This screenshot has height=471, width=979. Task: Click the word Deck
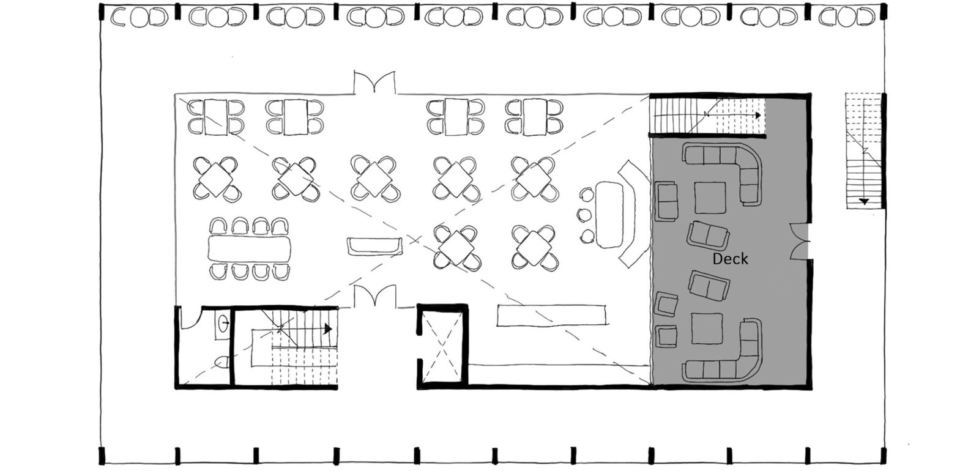[x=730, y=259]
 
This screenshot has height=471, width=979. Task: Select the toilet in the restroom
[x=223, y=362]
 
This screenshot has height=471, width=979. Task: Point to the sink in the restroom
[x=222, y=325]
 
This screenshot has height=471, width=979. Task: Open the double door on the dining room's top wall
[x=374, y=82]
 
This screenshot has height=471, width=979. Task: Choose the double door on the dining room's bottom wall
[x=374, y=296]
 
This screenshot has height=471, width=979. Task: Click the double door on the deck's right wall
[x=800, y=242]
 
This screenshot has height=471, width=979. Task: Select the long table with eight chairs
[x=250, y=249]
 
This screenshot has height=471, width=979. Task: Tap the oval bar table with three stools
[x=609, y=214]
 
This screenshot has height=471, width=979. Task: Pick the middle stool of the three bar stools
[x=584, y=215]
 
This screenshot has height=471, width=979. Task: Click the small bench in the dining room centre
[x=374, y=247]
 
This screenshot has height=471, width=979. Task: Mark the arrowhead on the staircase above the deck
[x=758, y=116]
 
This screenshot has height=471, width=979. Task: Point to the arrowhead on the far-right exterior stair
[x=863, y=201]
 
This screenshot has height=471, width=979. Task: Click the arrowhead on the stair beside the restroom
[x=328, y=329]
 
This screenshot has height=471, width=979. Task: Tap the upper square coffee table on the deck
[x=710, y=198]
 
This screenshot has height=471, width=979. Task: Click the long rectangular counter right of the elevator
[x=551, y=316]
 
